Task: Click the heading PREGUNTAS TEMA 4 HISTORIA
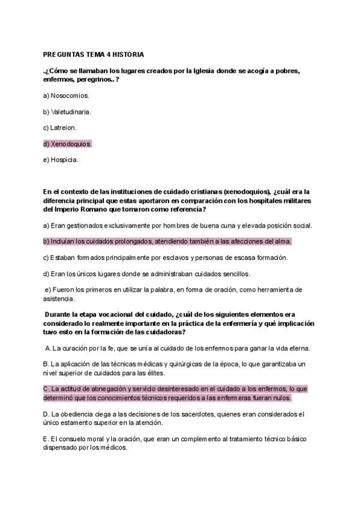[x=94, y=53]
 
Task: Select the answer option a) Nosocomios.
[x=66, y=95]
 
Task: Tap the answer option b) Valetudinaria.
[x=67, y=112]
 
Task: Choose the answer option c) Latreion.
[x=60, y=128]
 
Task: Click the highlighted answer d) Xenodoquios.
[x=68, y=144]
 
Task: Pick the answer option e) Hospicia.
[x=61, y=160]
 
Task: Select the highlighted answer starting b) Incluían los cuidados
[x=167, y=241]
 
